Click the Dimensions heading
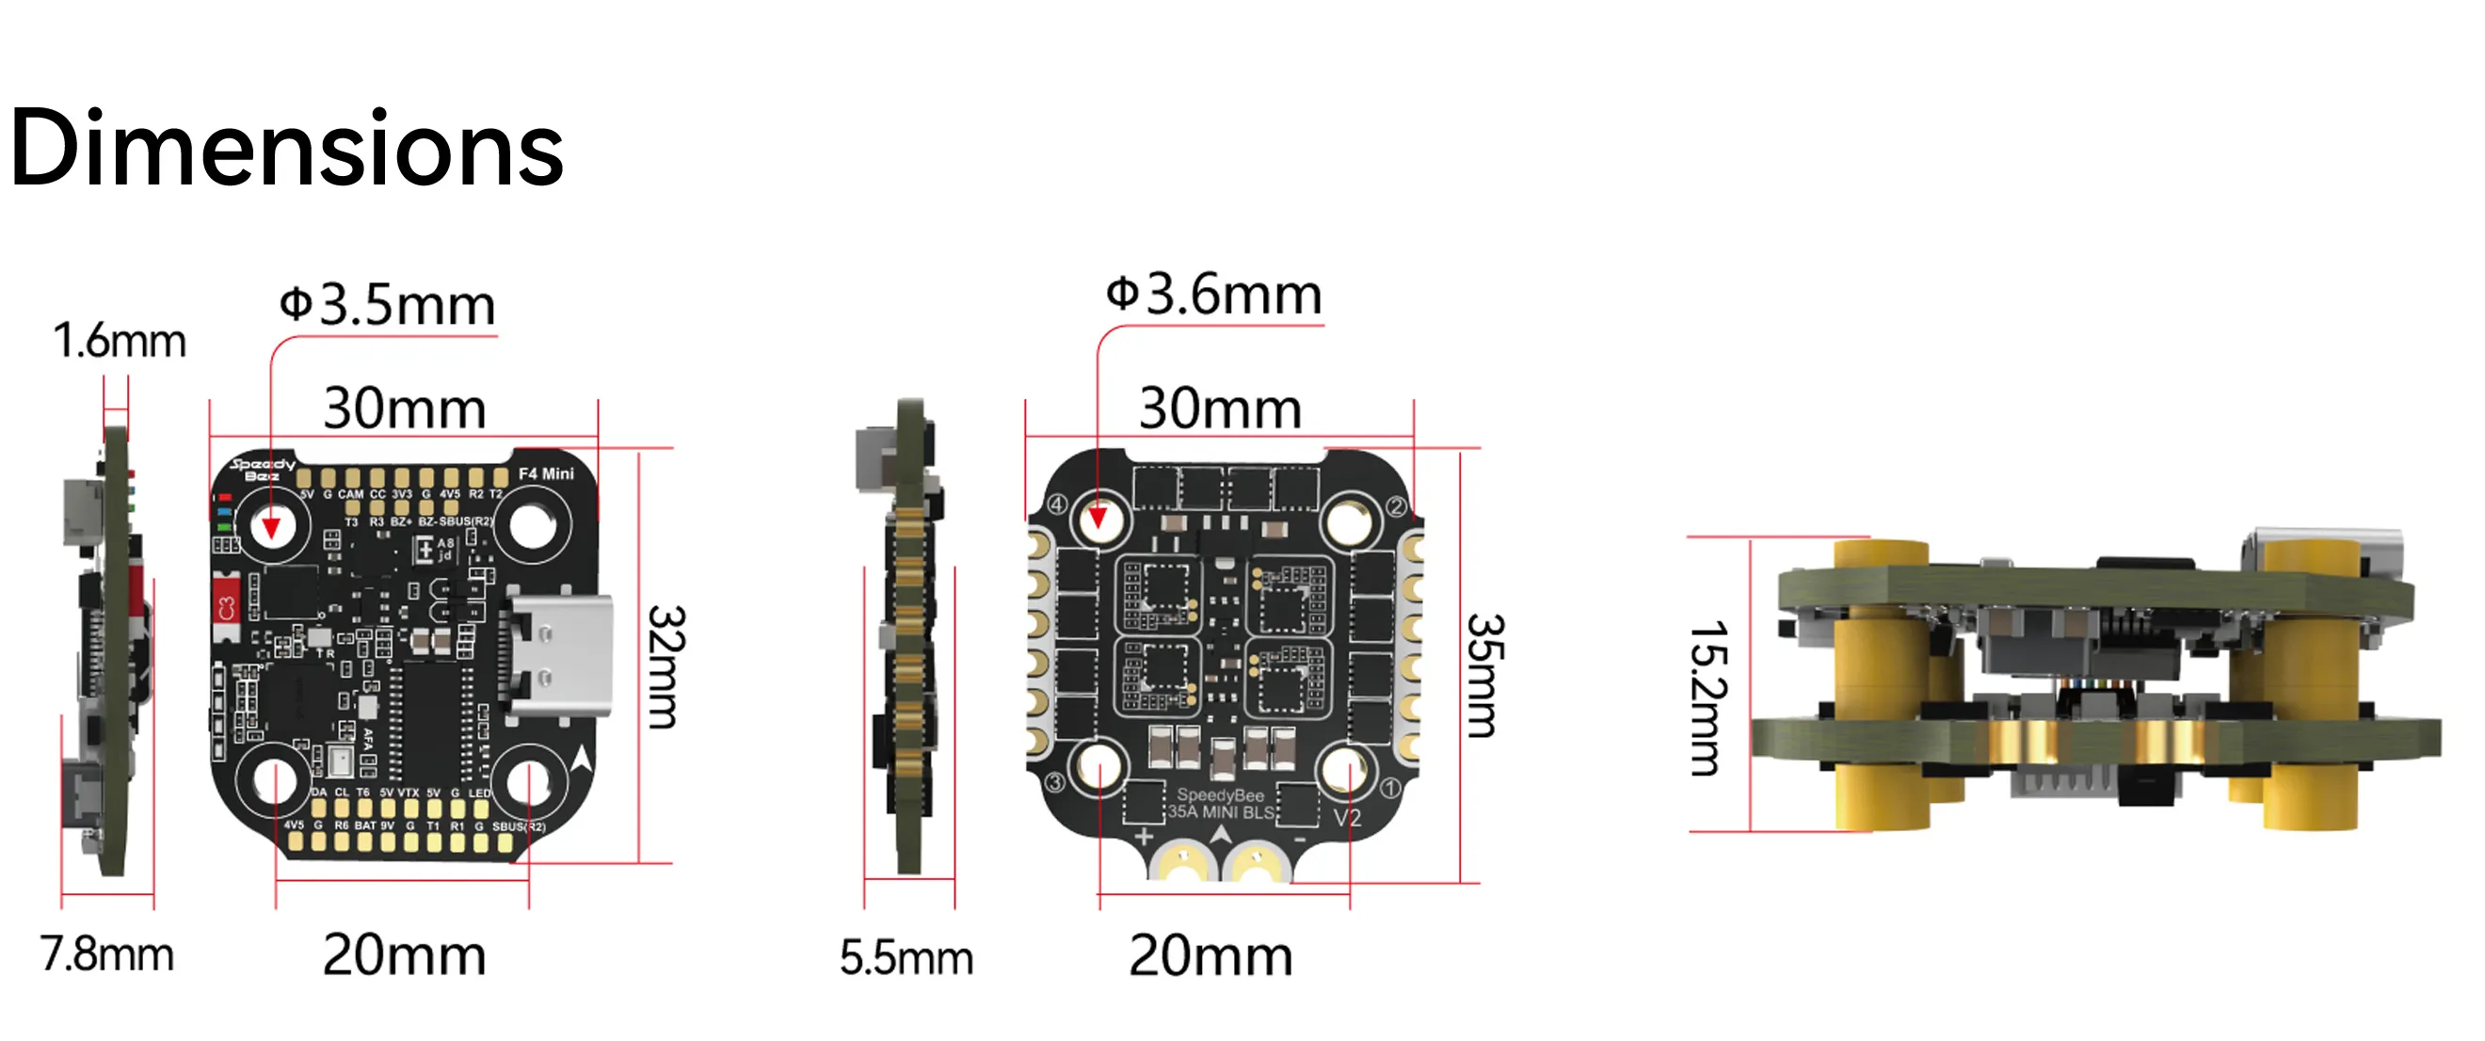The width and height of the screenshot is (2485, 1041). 285,150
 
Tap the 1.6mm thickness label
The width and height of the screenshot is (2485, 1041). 119,341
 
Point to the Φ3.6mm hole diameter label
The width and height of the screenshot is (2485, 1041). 1213,295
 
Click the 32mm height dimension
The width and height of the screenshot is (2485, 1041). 665,665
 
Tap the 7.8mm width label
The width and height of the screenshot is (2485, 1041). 106,954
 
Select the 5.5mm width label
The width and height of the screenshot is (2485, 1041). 906,958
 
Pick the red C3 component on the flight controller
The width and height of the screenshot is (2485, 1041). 226,608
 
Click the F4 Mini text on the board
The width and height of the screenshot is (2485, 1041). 546,473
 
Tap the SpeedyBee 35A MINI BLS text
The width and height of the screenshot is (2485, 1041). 1220,804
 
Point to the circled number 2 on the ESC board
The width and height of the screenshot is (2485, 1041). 1396,506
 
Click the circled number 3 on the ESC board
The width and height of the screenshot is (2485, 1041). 1054,781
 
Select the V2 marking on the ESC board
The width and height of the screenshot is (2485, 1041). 1347,818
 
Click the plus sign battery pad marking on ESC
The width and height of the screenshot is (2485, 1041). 1143,837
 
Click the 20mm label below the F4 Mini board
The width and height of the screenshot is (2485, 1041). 404,955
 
